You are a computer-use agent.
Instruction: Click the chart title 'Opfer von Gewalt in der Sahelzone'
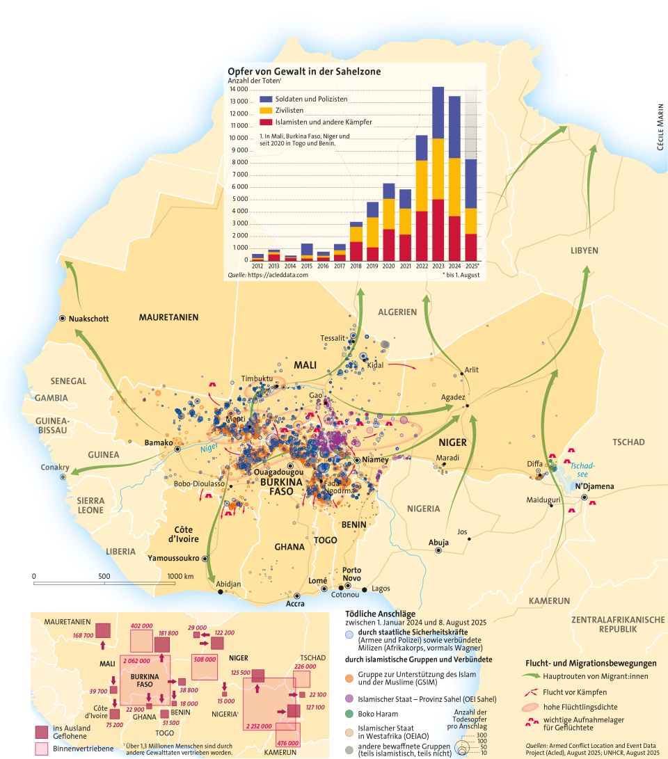pos(304,71)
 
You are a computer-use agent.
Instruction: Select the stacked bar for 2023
pos(438,174)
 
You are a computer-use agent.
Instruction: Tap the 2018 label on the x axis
pos(356,266)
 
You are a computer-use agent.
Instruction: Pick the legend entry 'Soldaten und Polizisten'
pos(310,99)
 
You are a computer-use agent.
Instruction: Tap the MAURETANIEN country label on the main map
pos(168,317)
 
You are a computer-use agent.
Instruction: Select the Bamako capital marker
pos(178,449)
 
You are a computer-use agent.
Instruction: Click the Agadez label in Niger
pos(452,397)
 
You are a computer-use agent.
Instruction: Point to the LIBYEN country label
pos(584,250)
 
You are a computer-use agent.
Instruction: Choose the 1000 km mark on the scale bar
pos(180,576)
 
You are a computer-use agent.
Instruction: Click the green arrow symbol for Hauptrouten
pos(536,674)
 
